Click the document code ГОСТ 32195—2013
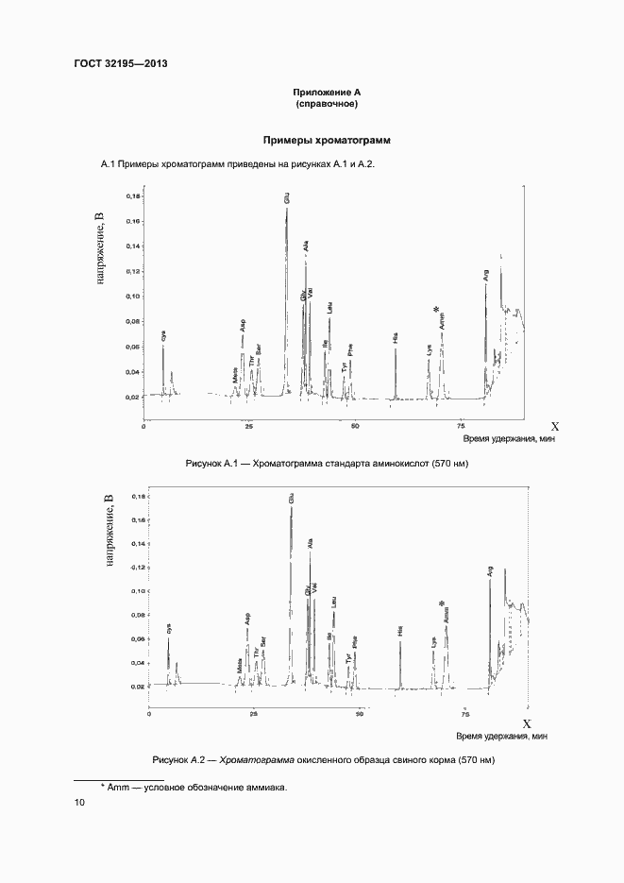[121, 63]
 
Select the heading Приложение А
[327, 92]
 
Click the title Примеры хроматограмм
[327, 139]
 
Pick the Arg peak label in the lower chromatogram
[490, 570]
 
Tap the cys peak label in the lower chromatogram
[169, 628]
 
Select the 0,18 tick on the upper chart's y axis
[133, 196]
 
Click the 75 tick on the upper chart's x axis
[460, 426]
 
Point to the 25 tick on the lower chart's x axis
[254, 715]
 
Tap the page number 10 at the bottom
[79, 803]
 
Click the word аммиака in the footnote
[265, 787]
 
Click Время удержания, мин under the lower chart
[501, 736]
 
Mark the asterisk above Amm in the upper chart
[436, 309]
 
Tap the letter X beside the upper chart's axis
[555, 426]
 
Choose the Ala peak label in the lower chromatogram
[311, 543]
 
